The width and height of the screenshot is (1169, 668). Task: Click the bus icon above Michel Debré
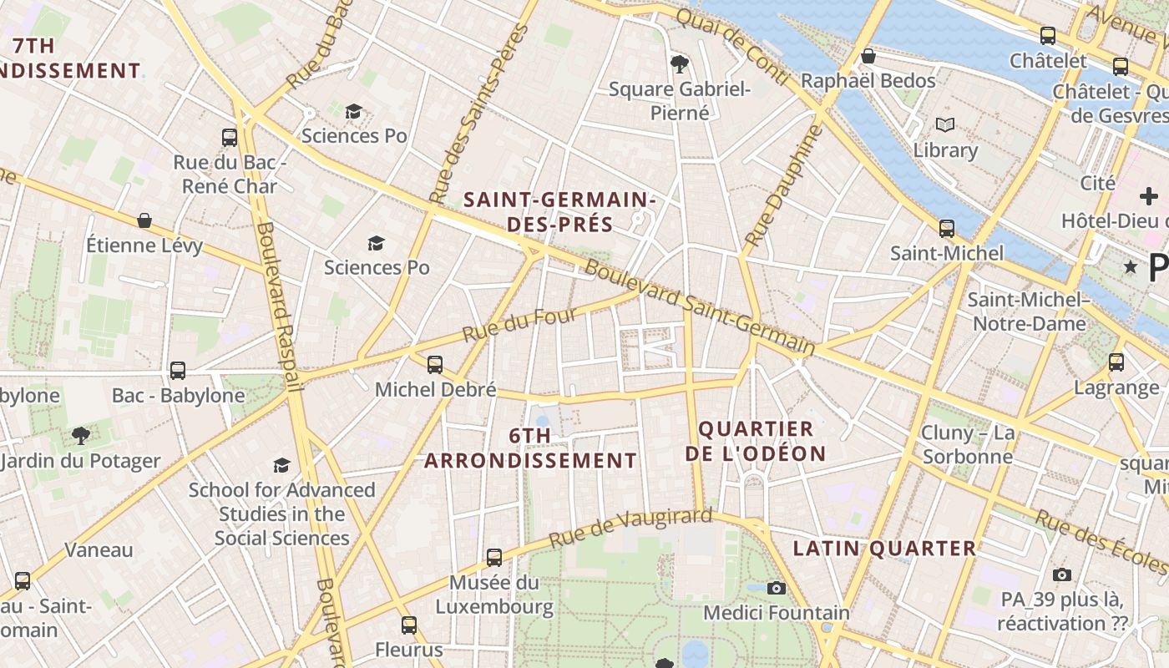(435, 364)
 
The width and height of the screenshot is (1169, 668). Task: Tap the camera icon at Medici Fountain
(777, 588)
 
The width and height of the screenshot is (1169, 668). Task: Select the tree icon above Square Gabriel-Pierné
(680, 63)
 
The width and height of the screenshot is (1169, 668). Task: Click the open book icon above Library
(945, 125)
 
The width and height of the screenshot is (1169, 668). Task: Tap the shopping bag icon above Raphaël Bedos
(868, 56)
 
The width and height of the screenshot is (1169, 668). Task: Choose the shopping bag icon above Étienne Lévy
(144, 220)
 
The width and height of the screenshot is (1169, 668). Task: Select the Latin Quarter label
(884, 549)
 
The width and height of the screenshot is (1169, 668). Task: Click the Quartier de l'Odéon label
(756, 442)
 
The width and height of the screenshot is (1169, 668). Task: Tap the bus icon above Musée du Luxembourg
(494, 557)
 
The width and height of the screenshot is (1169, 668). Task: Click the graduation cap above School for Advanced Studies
(282, 465)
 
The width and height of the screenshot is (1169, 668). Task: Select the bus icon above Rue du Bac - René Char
(230, 137)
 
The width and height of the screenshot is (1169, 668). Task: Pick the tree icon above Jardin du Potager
(81, 435)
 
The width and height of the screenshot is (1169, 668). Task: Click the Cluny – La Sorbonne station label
(968, 444)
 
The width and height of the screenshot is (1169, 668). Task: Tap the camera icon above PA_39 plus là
(1062, 574)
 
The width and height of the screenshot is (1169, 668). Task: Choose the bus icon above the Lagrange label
(1116, 362)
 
